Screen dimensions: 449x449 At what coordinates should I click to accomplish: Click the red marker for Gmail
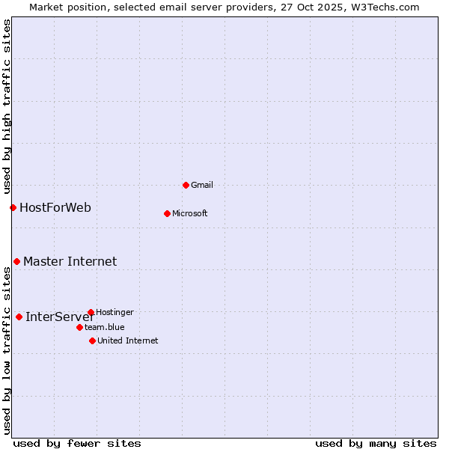coord(186,185)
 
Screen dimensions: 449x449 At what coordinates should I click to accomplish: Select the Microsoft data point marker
coord(167,213)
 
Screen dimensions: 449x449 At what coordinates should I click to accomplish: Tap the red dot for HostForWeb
coord(13,207)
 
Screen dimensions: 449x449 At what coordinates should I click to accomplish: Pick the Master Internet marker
coord(16,261)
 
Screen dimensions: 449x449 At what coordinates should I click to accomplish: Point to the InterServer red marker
coord(19,317)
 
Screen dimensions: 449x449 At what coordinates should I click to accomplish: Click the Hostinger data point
coord(91,312)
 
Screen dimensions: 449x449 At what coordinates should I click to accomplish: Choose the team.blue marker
coord(79,327)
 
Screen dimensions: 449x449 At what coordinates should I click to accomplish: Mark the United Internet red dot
coord(92,340)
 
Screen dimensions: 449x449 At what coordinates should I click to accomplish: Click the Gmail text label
coord(202,185)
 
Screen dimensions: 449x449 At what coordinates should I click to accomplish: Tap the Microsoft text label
coord(190,213)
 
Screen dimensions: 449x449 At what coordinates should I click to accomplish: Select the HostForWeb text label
coord(55,207)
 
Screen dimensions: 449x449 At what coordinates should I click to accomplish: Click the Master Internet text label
coord(70,261)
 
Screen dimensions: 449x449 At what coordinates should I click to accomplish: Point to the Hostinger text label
coord(114,312)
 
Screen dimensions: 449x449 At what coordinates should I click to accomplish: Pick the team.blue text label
coord(105,327)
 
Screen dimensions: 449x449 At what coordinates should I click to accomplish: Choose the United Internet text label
coord(127,340)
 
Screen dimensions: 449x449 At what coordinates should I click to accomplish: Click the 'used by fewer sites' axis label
coord(77,443)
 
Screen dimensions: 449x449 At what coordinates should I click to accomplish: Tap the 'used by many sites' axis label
coord(376,443)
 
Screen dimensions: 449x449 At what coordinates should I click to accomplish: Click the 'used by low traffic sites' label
coord(7,350)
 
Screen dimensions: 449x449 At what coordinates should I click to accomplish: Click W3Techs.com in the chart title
coord(385,7)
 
